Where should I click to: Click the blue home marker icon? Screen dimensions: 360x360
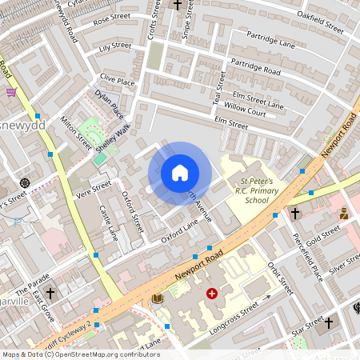[x=179, y=173]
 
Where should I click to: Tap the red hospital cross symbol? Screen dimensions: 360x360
[x=212, y=294]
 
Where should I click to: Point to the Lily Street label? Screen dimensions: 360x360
[x=114, y=46]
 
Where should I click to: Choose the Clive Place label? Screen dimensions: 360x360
[x=117, y=81]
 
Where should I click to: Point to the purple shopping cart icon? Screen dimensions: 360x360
[x=11, y=92]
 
